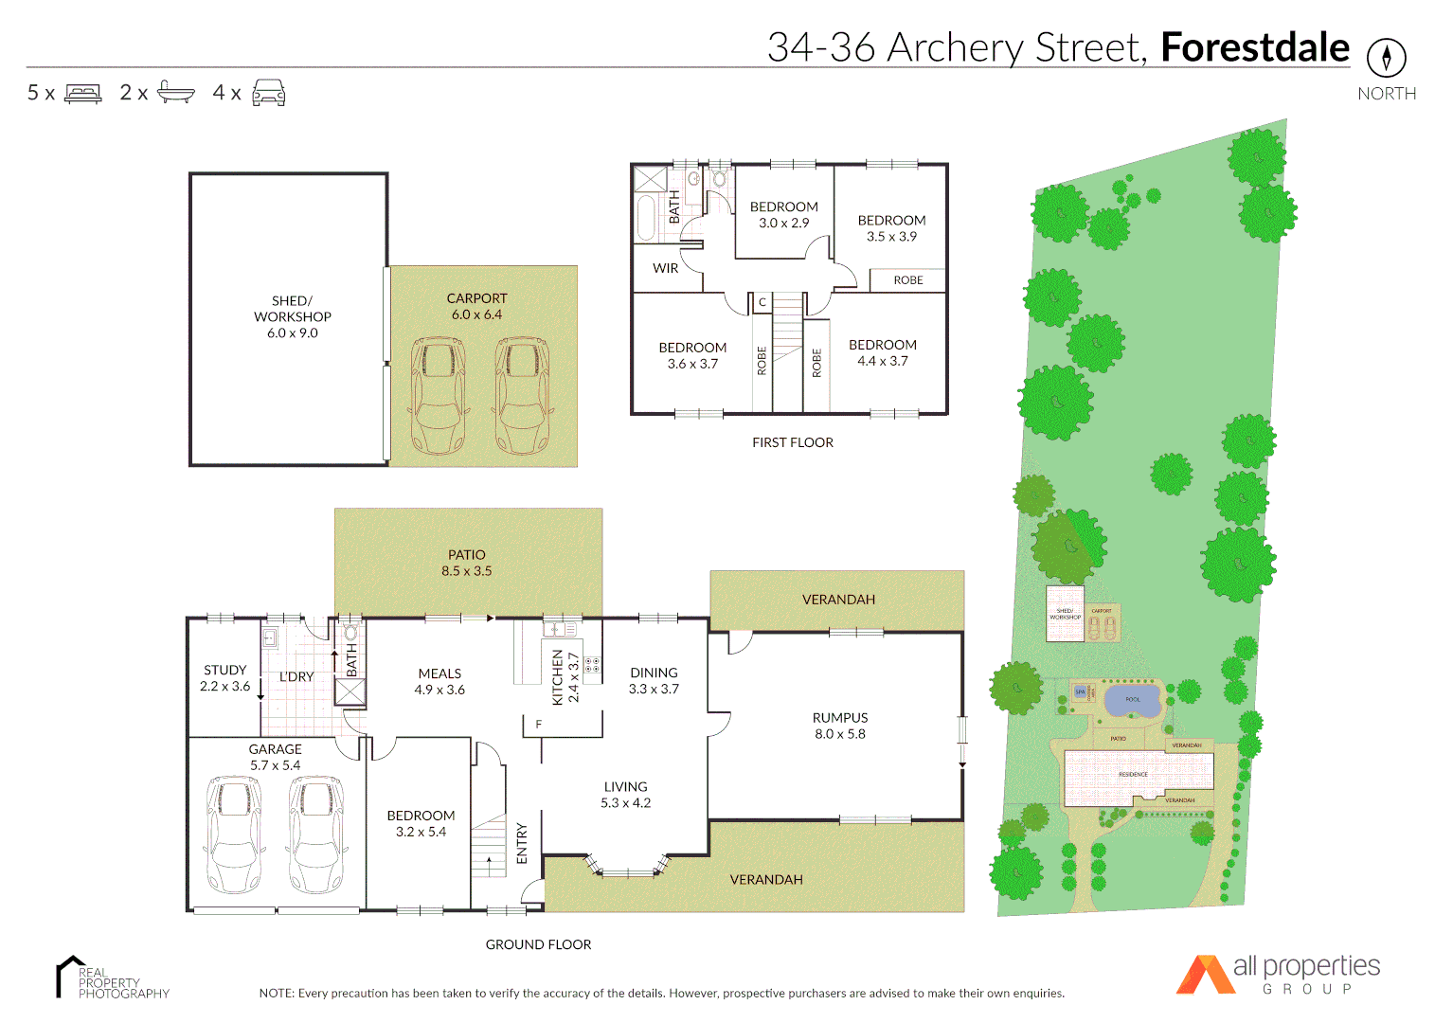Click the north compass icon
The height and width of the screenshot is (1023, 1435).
(1386, 58)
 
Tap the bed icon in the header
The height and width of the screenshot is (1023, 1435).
(82, 93)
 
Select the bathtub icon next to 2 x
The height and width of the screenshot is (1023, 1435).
(175, 92)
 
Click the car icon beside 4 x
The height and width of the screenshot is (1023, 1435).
(268, 93)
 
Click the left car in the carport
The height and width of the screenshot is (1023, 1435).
(439, 396)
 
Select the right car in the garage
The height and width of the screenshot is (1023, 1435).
(316, 835)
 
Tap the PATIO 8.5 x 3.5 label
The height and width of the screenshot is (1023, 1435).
(466, 563)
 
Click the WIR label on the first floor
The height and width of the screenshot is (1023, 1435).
(665, 268)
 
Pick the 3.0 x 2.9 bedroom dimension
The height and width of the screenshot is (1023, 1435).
(783, 224)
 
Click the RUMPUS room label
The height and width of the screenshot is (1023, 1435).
(839, 718)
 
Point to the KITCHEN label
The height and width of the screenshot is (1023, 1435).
(558, 676)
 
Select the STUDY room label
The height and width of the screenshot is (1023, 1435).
(224, 670)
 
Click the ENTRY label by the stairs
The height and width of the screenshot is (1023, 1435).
(522, 843)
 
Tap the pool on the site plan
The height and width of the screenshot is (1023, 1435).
(1133, 701)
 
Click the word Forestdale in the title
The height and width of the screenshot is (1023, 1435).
(1254, 47)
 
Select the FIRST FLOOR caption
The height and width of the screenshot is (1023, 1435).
(792, 442)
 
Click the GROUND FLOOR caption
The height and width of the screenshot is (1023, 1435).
(538, 944)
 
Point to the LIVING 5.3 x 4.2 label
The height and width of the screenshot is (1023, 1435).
(625, 795)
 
